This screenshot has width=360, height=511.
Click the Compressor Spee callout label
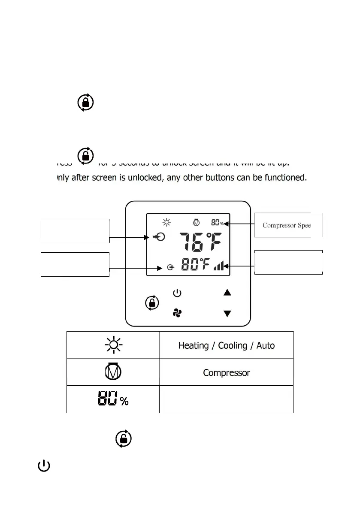click(287, 225)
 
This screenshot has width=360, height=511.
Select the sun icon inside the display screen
click(166, 222)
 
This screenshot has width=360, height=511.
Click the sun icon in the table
click(113, 345)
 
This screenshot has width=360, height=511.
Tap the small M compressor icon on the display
click(196, 222)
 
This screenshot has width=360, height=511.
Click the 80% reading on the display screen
click(217, 222)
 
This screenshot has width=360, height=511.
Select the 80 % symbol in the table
click(112, 399)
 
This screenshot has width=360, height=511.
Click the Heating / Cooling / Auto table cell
click(227, 345)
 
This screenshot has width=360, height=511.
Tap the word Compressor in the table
click(227, 372)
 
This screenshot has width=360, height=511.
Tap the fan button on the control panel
click(177, 313)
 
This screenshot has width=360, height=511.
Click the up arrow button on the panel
click(227, 293)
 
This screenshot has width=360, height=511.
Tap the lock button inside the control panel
click(151, 302)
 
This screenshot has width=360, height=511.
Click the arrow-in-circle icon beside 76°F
click(158, 237)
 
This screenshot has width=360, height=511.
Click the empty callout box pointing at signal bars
click(288, 262)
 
